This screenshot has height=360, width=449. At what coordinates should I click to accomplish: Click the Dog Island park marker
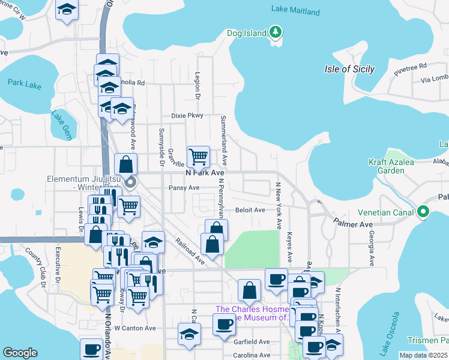pos(276,32)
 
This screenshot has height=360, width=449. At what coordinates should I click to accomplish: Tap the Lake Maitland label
pos(294,9)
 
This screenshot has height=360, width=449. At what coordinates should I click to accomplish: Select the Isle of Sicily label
pos(349,69)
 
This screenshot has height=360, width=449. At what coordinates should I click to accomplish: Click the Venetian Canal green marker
pos(424,212)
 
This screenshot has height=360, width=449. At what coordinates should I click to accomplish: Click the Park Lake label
pos(25,84)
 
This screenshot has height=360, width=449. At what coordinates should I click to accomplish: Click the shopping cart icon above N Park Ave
pos(198,157)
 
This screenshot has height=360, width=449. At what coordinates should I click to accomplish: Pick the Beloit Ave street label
pos(250,210)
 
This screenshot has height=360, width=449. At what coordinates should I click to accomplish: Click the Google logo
pos(20,353)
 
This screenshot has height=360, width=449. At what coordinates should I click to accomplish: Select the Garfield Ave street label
pos(252,341)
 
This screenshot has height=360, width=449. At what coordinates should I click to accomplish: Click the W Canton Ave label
pos(135,328)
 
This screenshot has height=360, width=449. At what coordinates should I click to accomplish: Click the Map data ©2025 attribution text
pos(423,355)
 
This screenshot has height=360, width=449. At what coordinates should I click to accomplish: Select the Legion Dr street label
pos(197,85)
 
